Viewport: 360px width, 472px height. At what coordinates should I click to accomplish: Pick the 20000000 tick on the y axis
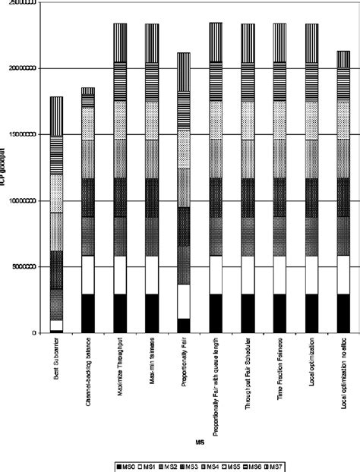pos(21,69)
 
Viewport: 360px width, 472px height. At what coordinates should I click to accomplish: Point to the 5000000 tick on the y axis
pos(23,267)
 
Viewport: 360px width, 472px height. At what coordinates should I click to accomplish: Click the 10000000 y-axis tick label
pos(21,201)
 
